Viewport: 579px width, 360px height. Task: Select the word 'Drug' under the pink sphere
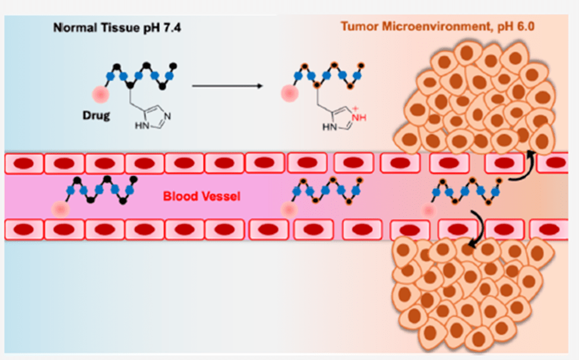[x=96, y=115]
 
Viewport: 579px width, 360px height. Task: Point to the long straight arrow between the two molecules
[x=227, y=86]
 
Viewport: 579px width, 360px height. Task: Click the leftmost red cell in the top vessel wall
[x=24, y=163]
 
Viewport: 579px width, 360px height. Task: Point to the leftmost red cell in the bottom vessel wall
[x=24, y=229]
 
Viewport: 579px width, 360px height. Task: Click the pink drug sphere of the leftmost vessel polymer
[x=60, y=209]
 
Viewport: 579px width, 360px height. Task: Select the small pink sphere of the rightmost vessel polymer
[x=429, y=209]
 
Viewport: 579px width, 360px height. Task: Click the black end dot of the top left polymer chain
[x=173, y=64]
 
